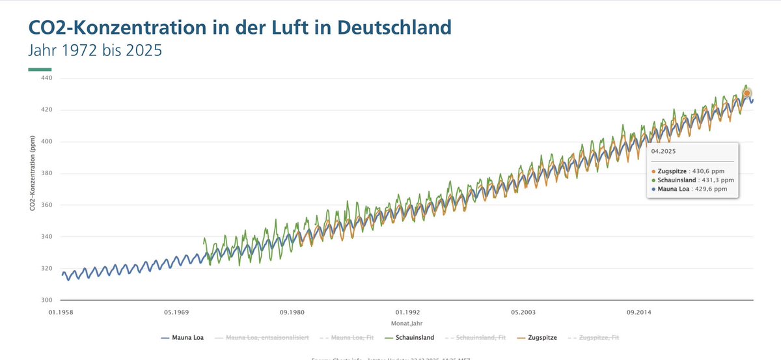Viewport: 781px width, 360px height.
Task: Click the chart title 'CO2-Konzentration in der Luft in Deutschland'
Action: coord(239,28)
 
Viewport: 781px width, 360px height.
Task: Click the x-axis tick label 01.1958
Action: coord(59,312)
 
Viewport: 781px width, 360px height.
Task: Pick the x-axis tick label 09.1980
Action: coord(292,312)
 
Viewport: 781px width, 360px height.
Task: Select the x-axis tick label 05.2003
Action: coord(523,312)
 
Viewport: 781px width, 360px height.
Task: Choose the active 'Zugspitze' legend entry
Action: coord(538,338)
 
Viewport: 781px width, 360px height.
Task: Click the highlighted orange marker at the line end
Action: coord(747,93)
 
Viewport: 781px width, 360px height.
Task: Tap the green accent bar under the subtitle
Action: coord(39,70)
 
